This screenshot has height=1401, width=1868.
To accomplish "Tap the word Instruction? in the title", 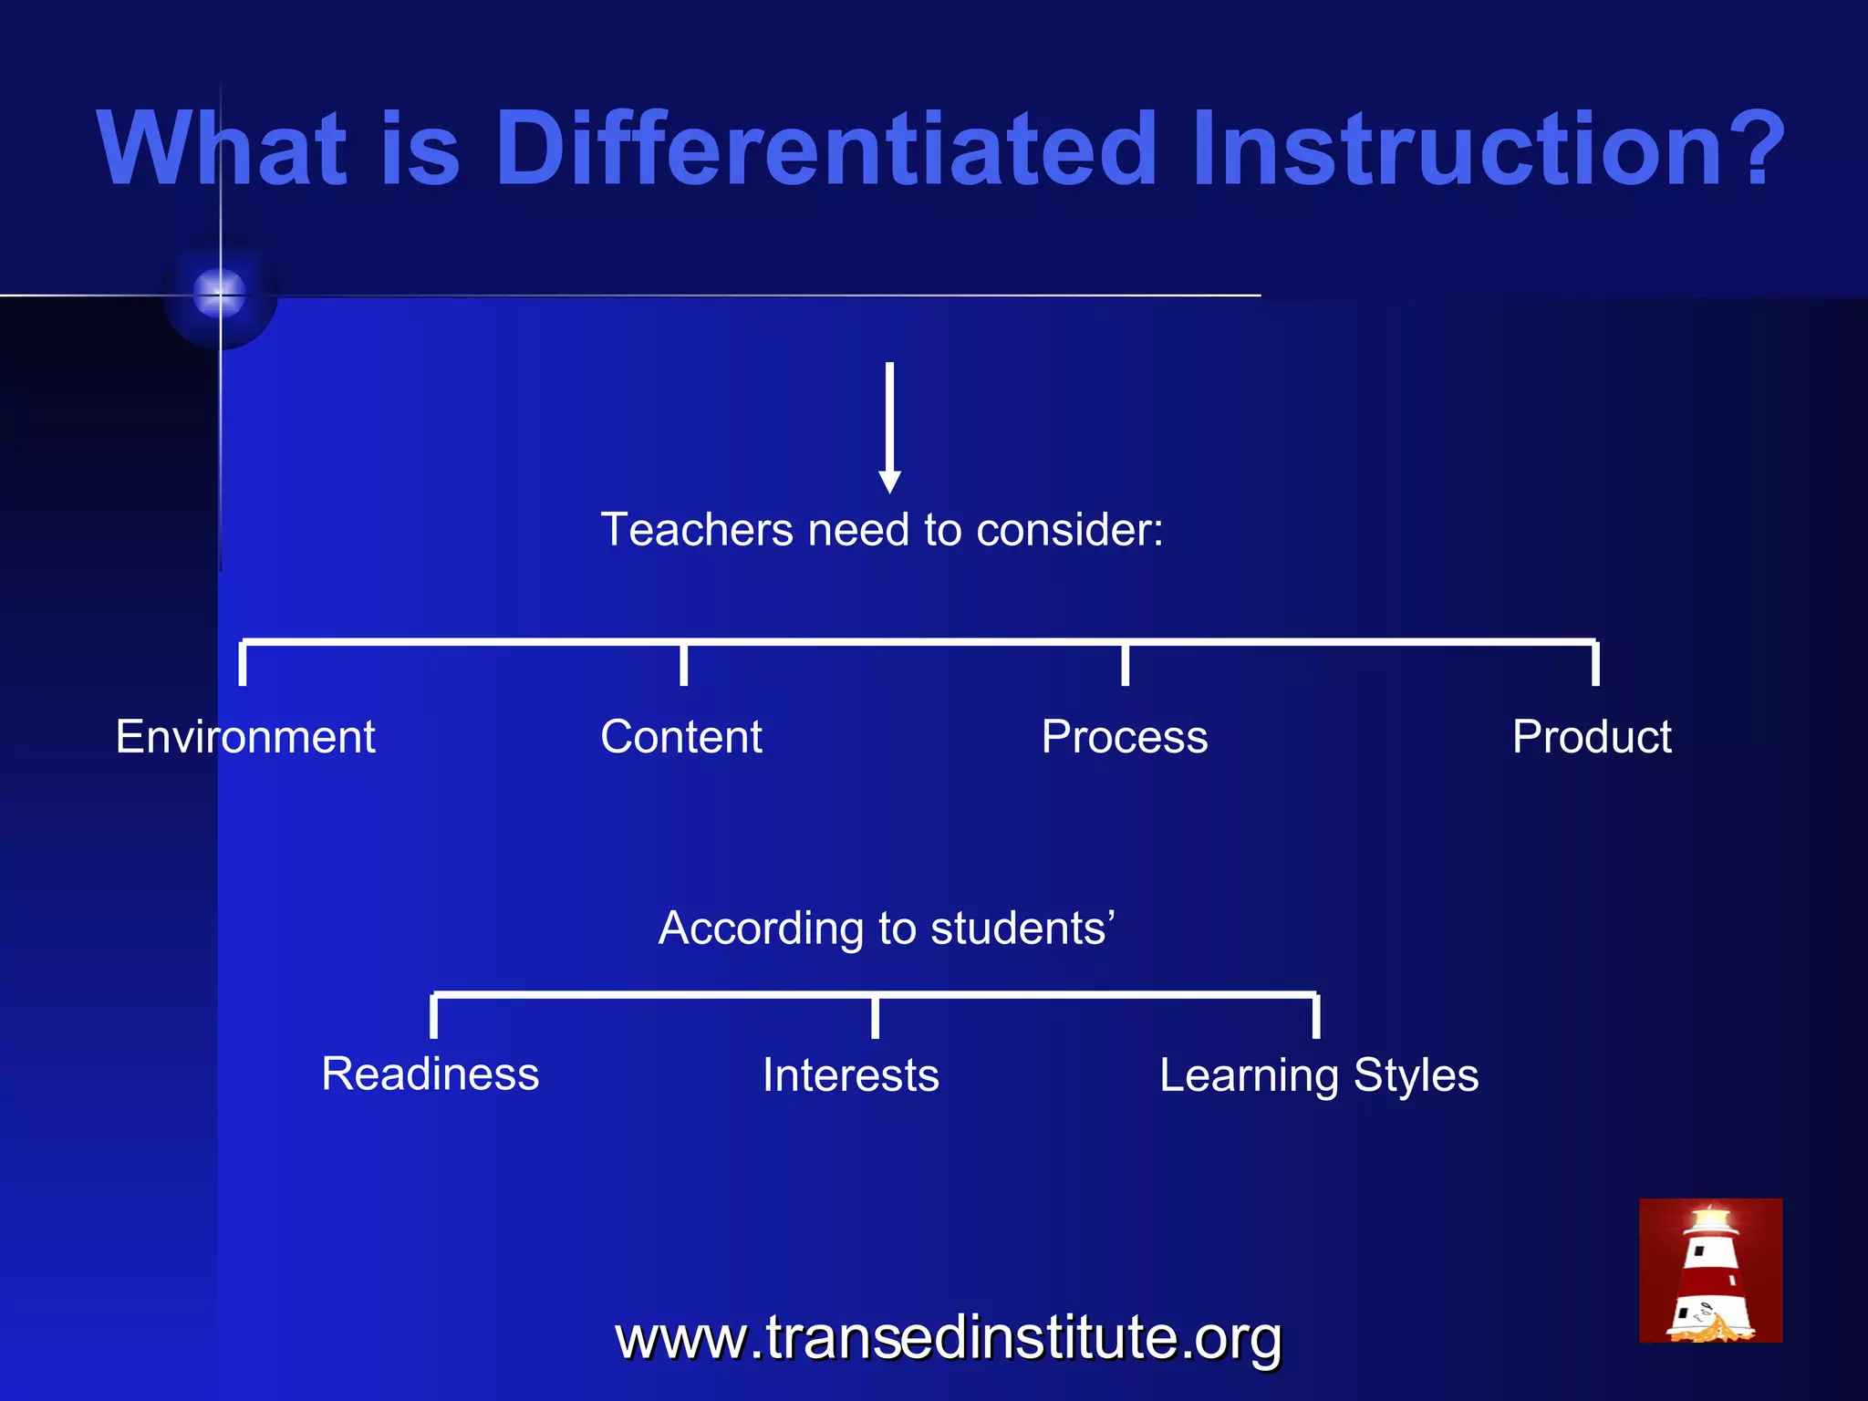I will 1487,149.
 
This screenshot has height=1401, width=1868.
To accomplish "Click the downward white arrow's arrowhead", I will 889,481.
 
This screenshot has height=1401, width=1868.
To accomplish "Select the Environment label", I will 245,737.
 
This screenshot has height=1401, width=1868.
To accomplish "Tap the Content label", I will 680,737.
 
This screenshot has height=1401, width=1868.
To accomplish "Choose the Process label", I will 1124,737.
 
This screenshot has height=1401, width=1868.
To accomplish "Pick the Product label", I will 1591,737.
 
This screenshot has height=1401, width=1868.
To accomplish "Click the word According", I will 760,929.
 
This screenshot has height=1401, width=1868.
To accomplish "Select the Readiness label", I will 430,1074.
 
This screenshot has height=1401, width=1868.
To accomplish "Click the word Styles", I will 1416,1076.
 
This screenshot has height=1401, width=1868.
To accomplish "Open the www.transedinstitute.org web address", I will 949,1338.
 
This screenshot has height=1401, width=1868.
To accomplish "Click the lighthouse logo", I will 1710,1271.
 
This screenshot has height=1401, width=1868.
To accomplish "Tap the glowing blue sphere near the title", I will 220,294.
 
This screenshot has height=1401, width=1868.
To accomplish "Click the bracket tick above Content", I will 683,664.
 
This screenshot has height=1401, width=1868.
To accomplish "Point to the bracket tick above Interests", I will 875,1016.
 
